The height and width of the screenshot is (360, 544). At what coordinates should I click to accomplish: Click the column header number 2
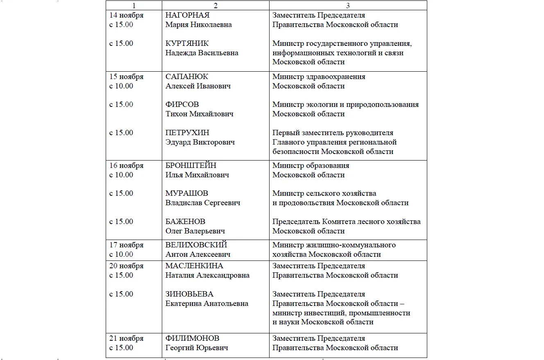click(x=215, y=6)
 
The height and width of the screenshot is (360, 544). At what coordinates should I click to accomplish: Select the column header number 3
click(x=348, y=6)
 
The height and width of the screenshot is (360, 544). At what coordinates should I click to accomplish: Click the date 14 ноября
click(x=126, y=16)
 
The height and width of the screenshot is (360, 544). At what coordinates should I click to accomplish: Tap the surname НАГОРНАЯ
click(x=187, y=16)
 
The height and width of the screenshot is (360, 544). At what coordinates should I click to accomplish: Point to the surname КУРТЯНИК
click(x=187, y=43)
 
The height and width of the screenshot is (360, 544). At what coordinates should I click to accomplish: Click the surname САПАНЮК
click(x=186, y=77)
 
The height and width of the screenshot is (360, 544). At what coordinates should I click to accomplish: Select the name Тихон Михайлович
click(x=199, y=114)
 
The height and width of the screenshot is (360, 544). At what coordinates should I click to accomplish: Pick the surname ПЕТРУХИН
click(x=187, y=133)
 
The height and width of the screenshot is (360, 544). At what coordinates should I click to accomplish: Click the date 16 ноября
click(x=126, y=165)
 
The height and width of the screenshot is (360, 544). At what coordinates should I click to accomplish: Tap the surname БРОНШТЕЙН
click(x=191, y=165)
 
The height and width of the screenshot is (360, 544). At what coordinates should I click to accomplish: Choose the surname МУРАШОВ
click(x=186, y=193)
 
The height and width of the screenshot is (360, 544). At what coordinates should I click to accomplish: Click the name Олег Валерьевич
click(x=195, y=231)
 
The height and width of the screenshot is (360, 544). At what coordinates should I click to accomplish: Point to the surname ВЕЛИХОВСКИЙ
click(x=196, y=245)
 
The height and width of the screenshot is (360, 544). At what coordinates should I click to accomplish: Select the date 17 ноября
click(x=126, y=245)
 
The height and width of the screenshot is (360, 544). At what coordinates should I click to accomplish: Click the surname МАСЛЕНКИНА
click(x=194, y=266)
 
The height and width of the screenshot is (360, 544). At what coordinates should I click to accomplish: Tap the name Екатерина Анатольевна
click(x=206, y=303)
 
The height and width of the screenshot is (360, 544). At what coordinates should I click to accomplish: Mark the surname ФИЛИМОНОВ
click(x=192, y=338)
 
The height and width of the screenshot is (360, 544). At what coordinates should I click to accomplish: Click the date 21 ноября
click(x=126, y=338)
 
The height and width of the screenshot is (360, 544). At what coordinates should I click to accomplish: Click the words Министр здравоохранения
click(x=319, y=77)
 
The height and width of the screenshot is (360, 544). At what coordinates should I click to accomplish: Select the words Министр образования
click(x=311, y=165)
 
